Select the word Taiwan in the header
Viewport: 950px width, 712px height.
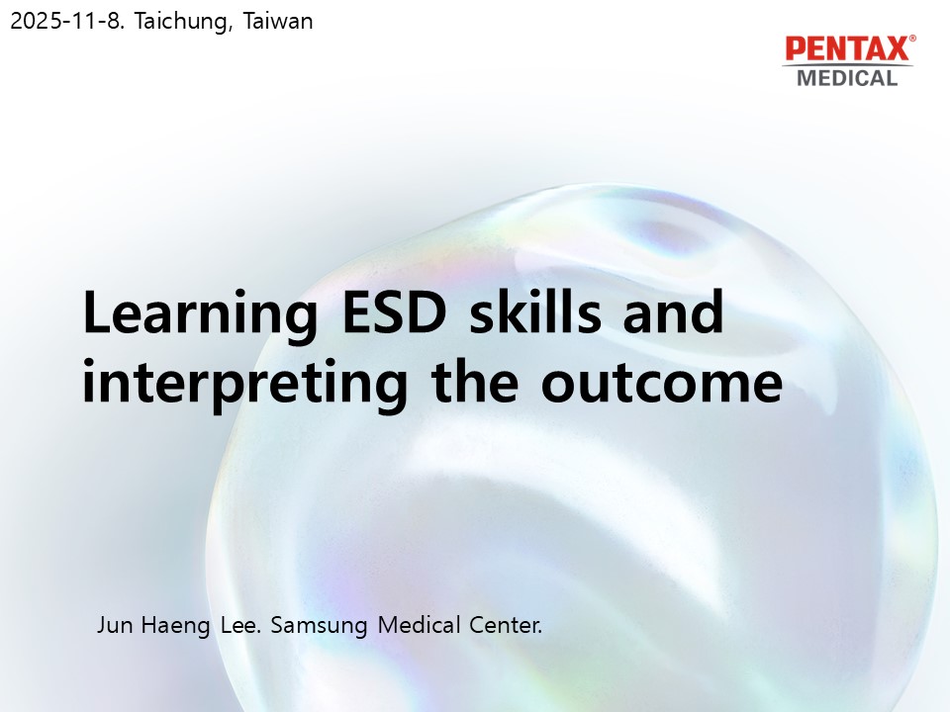click(x=278, y=21)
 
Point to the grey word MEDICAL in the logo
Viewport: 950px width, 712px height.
click(x=847, y=78)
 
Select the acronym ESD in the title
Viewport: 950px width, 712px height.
click(x=395, y=312)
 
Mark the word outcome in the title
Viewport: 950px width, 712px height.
click(x=662, y=383)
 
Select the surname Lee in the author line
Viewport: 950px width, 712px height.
click(x=240, y=625)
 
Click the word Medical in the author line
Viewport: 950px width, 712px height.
click(x=419, y=625)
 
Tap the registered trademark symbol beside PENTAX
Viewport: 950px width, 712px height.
click(x=912, y=39)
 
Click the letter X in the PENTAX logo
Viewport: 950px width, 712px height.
click(x=897, y=49)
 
